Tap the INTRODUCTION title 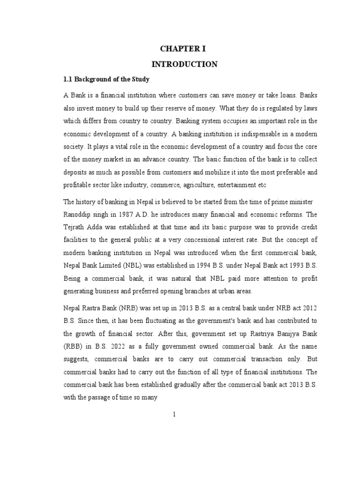tap(189, 64)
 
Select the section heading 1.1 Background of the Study tap(106, 79)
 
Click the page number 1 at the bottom tap(174, 414)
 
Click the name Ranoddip tap(78, 214)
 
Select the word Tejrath tap(75, 227)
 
